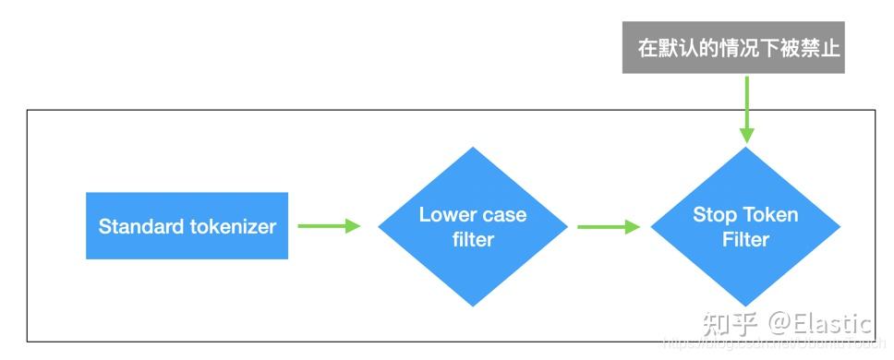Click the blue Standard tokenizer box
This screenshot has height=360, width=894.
187,226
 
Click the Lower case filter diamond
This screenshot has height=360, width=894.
473,227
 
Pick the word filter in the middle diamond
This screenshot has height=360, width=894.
473,240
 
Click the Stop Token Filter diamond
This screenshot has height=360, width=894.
745,227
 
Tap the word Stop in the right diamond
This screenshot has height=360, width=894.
713,215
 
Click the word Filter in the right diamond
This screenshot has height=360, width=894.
745,239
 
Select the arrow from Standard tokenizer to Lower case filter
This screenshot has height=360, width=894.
329,226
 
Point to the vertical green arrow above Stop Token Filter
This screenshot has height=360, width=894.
745,106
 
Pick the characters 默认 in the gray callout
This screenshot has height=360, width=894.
677,48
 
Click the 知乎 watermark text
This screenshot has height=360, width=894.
731,324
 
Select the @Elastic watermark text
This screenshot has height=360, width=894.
821,324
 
